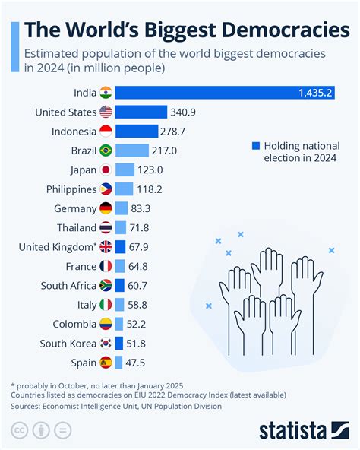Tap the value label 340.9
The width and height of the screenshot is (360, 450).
click(184, 112)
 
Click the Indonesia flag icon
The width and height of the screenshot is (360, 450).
click(106, 132)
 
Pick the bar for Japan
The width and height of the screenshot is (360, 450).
click(125, 170)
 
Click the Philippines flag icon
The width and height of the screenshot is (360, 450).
click(106, 189)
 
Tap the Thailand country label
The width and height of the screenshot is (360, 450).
click(76, 227)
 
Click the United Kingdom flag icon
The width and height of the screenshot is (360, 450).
click(106, 247)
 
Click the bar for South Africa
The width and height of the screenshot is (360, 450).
click(120, 285)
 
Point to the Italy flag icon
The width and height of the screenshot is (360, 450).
click(106, 304)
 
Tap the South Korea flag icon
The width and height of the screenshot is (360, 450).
click(106, 343)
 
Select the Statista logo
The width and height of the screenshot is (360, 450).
click(296, 430)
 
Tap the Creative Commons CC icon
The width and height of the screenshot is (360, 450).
click(18, 431)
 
